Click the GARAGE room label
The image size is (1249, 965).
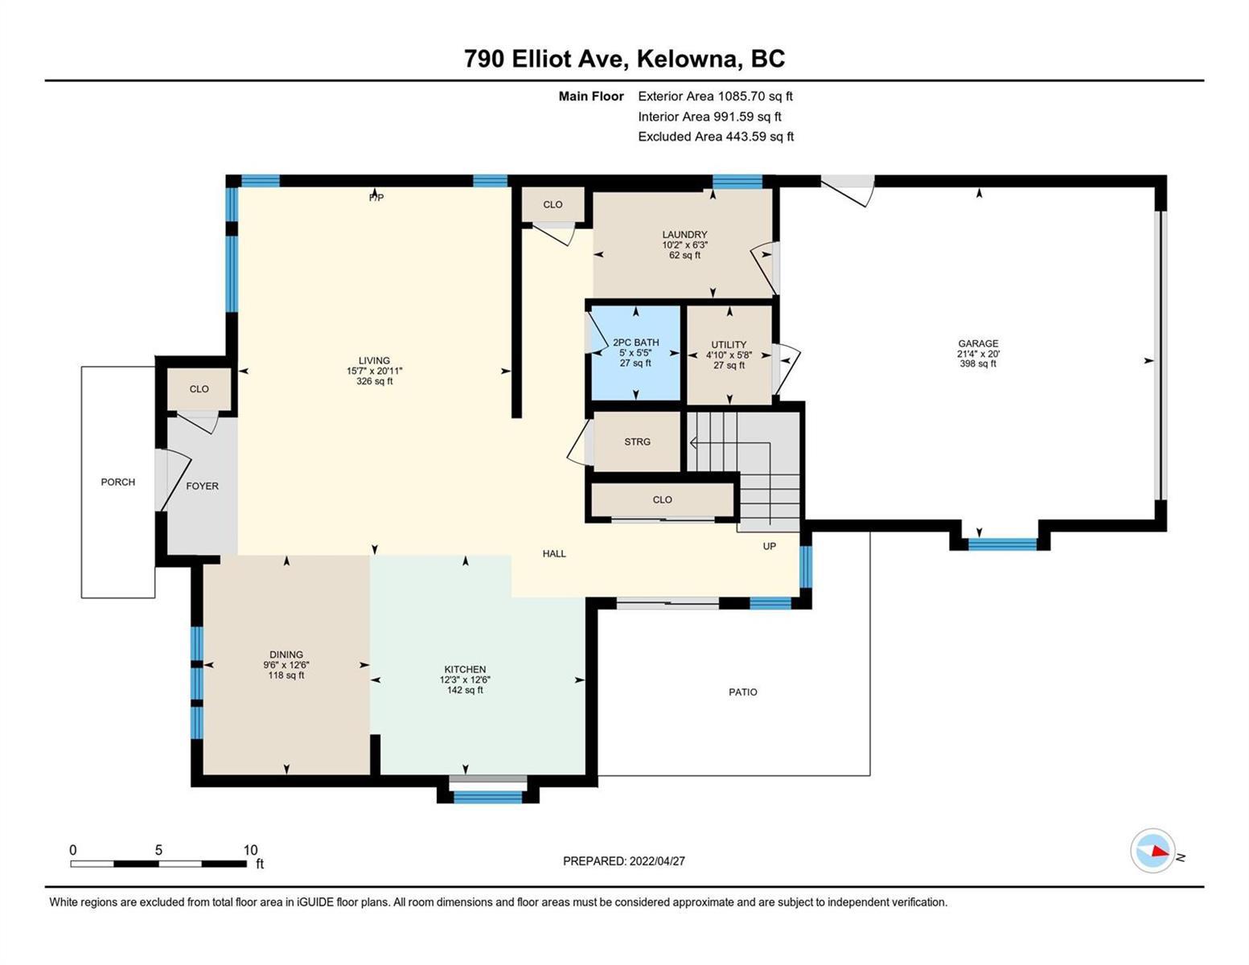[978, 343]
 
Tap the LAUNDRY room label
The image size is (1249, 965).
[684, 235]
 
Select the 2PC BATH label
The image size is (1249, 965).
[635, 343]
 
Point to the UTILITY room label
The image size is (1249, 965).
[729, 345]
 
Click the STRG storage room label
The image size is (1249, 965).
[638, 442]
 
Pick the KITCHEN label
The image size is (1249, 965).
[465, 670]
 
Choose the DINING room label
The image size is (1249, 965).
[286, 655]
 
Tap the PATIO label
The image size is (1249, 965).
[742, 692]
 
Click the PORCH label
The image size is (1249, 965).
[118, 482]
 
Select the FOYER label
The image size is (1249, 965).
[203, 487]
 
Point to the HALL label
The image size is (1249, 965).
[554, 554]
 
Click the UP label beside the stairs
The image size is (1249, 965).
[769, 546]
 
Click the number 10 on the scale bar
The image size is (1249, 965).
[250, 850]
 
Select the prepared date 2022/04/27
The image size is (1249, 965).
[657, 861]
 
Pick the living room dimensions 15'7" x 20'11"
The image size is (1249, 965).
[374, 372]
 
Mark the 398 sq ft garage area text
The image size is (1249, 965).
[978, 363]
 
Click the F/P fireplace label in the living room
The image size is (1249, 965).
[376, 198]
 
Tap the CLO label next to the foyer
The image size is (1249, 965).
[199, 389]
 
